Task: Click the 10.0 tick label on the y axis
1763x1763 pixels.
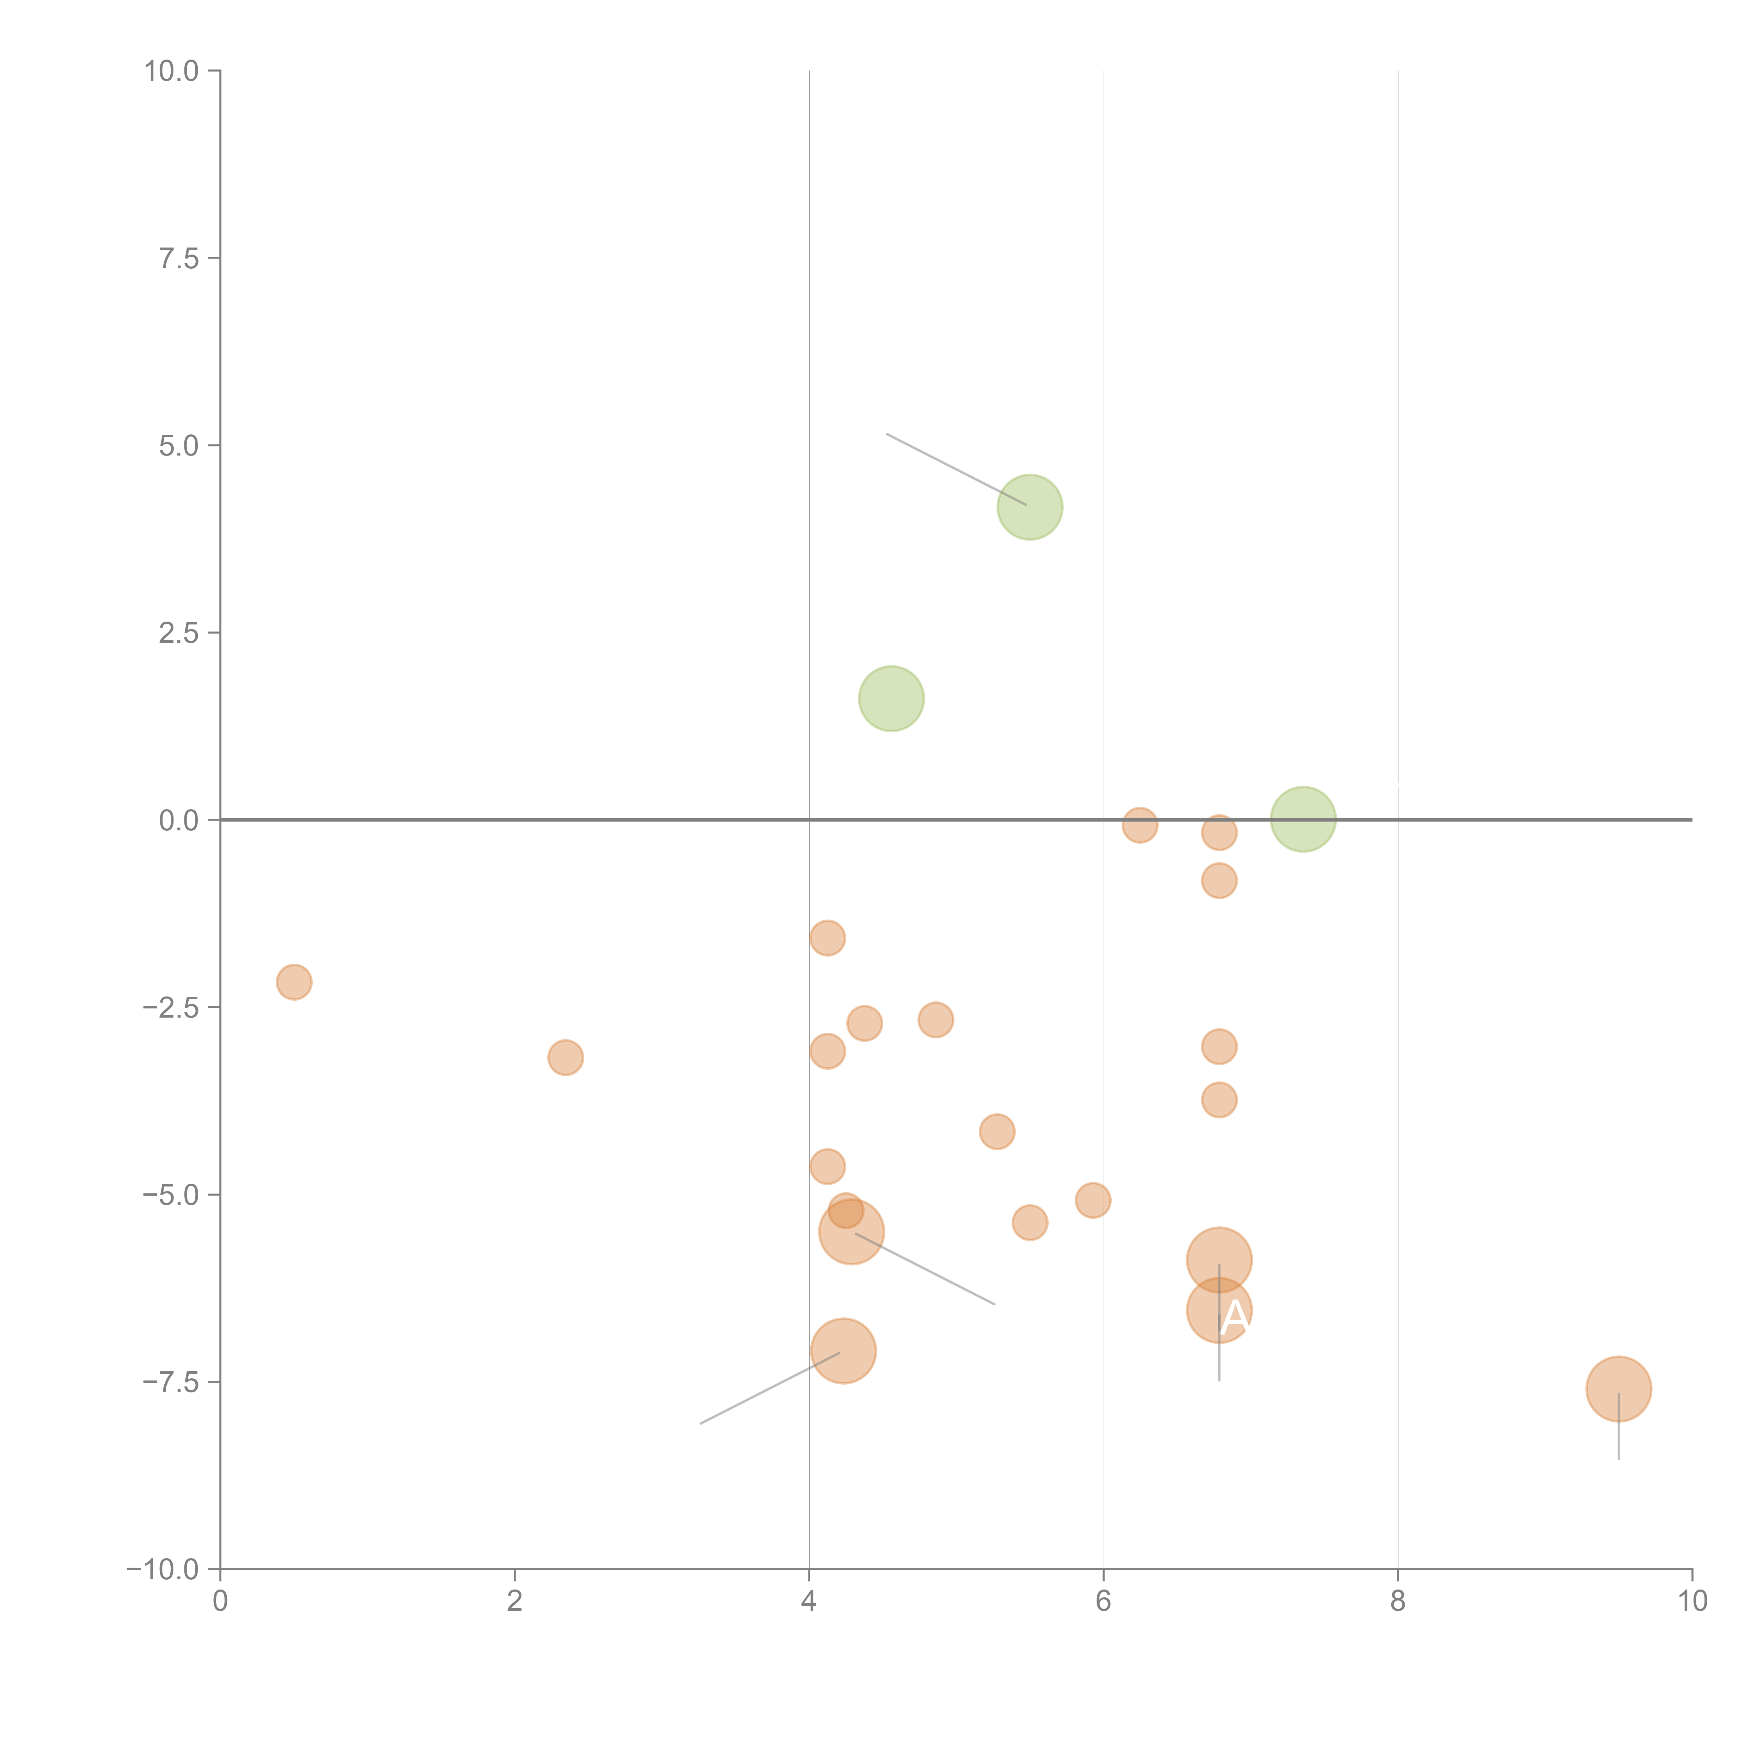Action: pos(172,71)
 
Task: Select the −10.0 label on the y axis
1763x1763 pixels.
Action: pos(163,1569)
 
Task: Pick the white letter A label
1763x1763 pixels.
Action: pos(1234,1317)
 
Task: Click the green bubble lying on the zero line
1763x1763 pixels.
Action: pos(1303,819)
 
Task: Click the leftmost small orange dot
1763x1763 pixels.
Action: pos(294,982)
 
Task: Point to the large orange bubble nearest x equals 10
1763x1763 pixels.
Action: pos(1618,1389)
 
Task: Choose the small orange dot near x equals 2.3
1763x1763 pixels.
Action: pos(566,1057)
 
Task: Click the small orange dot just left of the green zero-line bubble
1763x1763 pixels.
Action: pos(1219,832)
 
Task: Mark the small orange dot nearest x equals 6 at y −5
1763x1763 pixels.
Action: pos(1092,1200)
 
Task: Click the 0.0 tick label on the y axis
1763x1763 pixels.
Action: pos(179,821)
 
